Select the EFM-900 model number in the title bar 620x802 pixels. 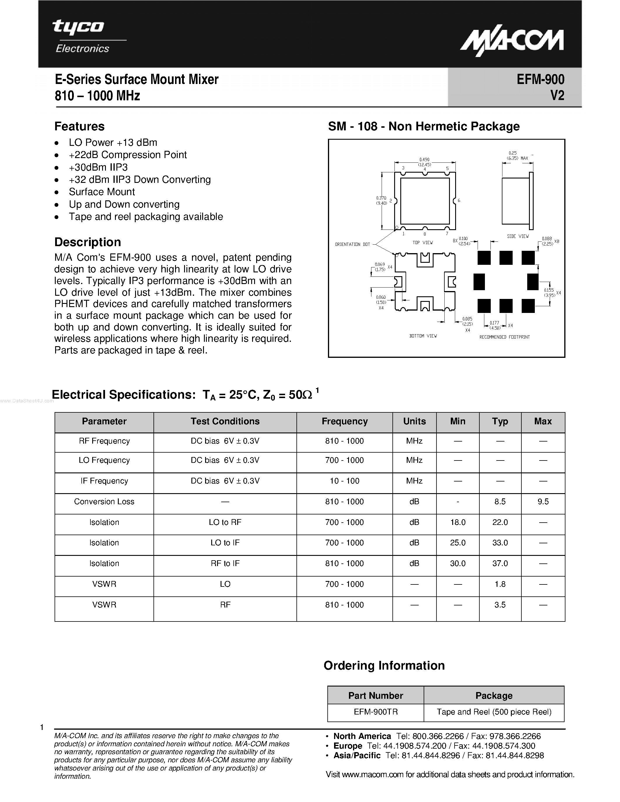(540, 79)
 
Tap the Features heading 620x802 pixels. (79, 126)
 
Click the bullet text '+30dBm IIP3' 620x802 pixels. (98, 167)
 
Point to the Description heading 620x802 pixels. (88, 242)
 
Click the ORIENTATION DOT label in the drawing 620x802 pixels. (352, 244)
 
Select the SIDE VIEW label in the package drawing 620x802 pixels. (518, 237)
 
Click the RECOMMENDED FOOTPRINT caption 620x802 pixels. (504, 337)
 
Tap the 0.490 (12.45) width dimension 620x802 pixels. (424, 162)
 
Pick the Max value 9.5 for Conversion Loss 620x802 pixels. (542, 502)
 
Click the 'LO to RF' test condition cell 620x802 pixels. (225, 522)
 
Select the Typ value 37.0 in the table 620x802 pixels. (500, 563)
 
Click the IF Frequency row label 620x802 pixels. (104, 481)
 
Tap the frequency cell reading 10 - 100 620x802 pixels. (344, 481)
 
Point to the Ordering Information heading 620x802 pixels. (384, 666)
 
